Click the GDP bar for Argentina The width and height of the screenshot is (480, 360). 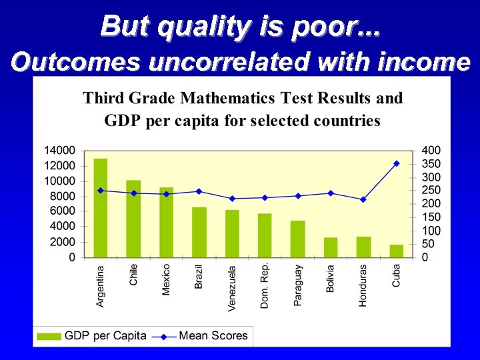(100, 208)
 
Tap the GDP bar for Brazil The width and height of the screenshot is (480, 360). (199, 232)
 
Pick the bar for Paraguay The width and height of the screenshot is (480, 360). (297, 239)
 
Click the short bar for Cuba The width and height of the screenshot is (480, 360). (396, 251)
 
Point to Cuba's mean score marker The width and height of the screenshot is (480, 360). (396, 163)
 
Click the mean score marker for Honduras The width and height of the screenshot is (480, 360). (363, 199)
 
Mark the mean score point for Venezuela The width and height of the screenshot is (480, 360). (232, 198)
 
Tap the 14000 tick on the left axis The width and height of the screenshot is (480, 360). (59, 151)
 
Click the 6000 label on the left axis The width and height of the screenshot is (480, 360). (62, 211)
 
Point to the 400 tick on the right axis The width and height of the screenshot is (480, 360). (431, 151)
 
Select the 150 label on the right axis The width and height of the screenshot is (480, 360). (431, 217)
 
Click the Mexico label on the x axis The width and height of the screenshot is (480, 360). (166, 280)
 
